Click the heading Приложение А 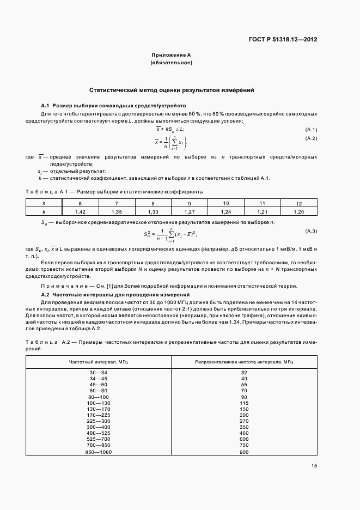[171, 55]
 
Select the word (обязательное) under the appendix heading [171, 63]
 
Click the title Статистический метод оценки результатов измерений [171, 90]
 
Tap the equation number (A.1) [311, 129]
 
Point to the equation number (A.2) [311, 139]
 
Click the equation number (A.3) [311, 231]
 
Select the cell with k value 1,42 [80, 211]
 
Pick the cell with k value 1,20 [298, 211]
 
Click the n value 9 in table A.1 [189, 203]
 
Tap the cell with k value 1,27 [189, 211]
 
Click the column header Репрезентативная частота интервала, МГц [244, 362]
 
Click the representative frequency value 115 [244, 403]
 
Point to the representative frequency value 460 [244, 433]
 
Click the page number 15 [314, 465]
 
